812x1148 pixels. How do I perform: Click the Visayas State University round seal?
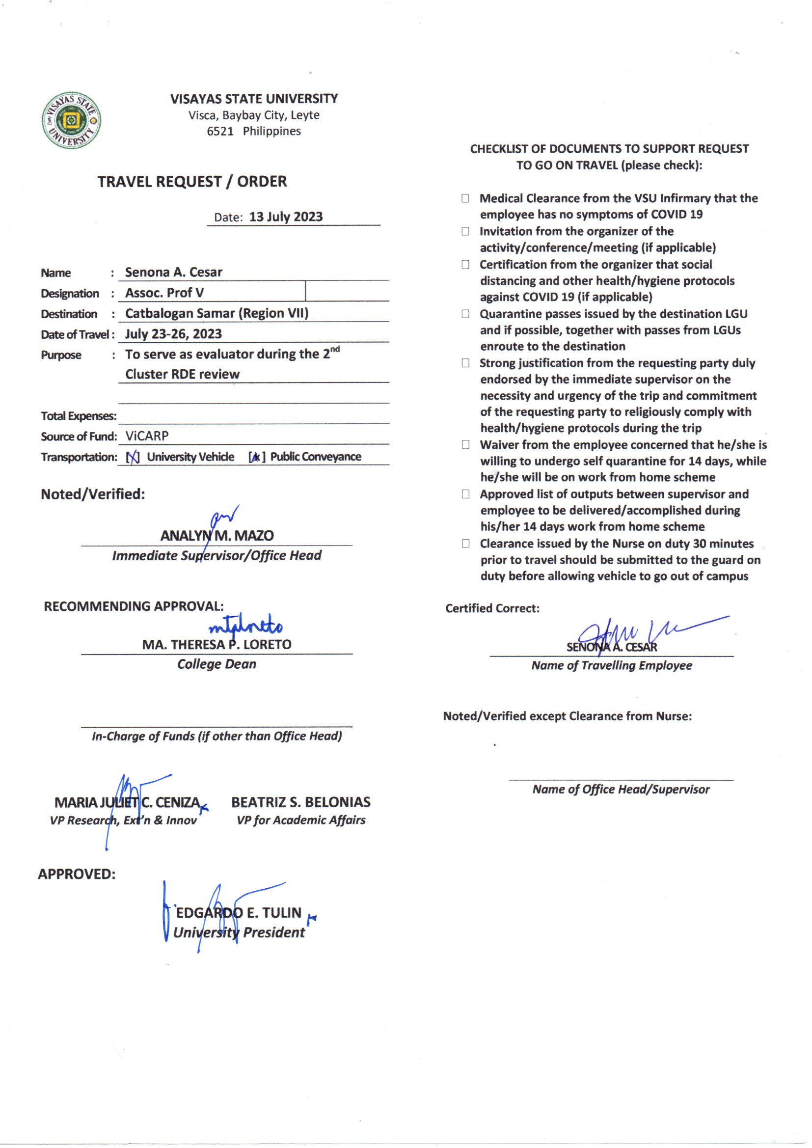pyautogui.click(x=71, y=120)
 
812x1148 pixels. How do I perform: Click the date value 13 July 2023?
pyautogui.click(x=286, y=217)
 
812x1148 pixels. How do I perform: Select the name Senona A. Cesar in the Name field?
pyautogui.click(x=173, y=273)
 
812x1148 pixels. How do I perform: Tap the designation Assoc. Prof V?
pyautogui.click(x=164, y=293)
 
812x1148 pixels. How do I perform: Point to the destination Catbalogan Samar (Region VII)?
pyautogui.click(x=217, y=313)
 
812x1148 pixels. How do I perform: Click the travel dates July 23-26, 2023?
pyautogui.click(x=173, y=334)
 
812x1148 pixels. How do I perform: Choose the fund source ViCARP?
pyautogui.click(x=147, y=436)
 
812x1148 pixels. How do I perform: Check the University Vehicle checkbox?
pyautogui.click(x=133, y=457)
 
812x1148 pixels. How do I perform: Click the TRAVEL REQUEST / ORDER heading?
pyautogui.click(x=192, y=182)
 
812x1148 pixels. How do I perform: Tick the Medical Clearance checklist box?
pyautogui.click(x=465, y=198)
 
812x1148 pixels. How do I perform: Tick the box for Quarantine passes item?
pyautogui.click(x=465, y=314)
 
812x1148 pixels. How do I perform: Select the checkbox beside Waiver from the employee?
pyautogui.click(x=465, y=445)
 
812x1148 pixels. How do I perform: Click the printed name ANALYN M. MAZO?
pyautogui.click(x=217, y=536)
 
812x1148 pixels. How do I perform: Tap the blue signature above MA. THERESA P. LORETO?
pyautogui.click(x=245, y=627)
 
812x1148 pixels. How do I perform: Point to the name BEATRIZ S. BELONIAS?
pyautogui.click(x=300, y=802)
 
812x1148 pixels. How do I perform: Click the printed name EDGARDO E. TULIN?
pyautogui.click(x=239, y=913)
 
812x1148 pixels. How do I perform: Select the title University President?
pyautogui.click(x=239, y=932)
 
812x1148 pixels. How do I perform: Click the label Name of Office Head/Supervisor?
pyautogui.click(x=621, y=790)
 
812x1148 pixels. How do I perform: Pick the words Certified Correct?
pyautogui.click(x=492, y=608)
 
